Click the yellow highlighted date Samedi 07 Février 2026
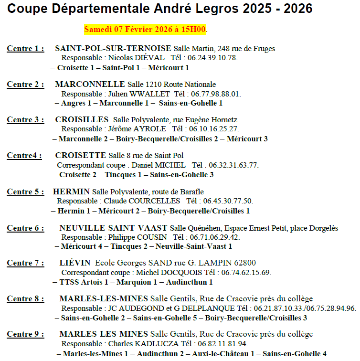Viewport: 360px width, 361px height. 145,30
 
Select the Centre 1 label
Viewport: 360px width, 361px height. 25,49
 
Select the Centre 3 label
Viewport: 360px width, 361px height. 25,120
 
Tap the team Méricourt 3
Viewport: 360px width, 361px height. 247,139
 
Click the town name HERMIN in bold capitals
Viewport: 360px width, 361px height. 71,192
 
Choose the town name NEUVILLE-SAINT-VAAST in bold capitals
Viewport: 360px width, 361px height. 113,228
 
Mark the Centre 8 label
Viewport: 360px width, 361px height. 25,299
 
